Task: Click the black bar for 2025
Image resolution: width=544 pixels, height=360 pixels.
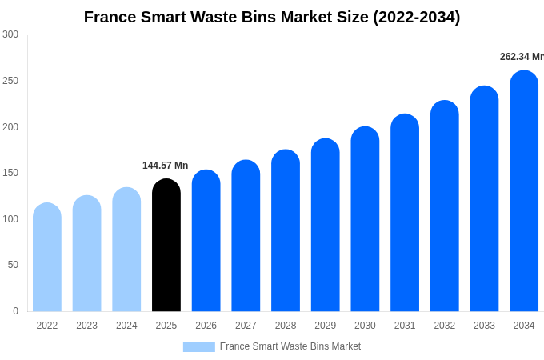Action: pos(166,246)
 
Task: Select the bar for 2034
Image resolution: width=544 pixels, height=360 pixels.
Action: pos(524,191)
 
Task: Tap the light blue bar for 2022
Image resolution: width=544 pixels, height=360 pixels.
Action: pos(47,258)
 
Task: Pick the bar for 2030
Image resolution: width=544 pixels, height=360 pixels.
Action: pos(365,219)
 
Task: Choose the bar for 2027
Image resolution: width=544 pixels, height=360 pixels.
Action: pos(246,236)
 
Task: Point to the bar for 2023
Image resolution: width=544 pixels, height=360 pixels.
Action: pos(86,254)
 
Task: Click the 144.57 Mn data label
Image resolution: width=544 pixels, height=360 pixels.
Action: pos(166,166)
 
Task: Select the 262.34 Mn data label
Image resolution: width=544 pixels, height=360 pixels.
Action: pos(522,57)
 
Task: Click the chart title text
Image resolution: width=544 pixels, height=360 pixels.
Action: pos(272,17)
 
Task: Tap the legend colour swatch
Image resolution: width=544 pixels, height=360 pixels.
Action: pos(198,347)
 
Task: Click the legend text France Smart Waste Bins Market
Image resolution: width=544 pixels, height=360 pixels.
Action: pos(290,346)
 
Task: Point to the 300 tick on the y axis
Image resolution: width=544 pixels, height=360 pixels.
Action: pos(10,34)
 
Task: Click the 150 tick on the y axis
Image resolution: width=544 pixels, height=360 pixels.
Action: pos(10,173)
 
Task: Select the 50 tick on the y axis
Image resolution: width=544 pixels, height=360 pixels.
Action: pos(13,265)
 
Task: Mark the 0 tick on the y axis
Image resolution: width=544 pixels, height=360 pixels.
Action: pos(15,311)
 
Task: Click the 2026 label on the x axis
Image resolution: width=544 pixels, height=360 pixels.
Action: pos(206,326)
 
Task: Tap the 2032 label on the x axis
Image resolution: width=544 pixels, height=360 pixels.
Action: pos(444,326)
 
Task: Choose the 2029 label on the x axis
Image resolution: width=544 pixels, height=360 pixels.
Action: pos(325,326)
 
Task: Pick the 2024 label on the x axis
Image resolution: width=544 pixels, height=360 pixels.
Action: pos(126,326)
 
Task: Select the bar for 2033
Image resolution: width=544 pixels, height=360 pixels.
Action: pos(484,199)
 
